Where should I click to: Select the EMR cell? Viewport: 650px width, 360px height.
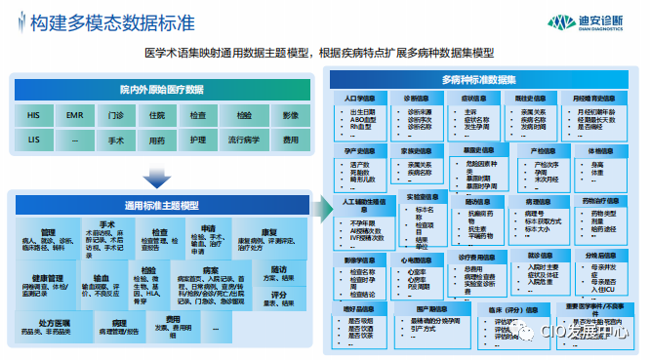[74, 115]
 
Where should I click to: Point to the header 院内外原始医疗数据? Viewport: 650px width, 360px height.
[162, 89]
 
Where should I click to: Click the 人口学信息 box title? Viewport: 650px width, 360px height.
[362, 99]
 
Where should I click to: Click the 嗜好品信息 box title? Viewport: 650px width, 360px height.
[362, 307]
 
